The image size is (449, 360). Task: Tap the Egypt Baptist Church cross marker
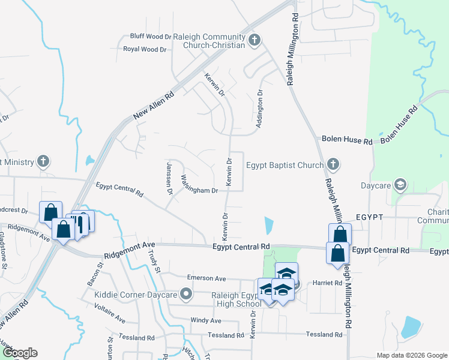[x=333, y=164]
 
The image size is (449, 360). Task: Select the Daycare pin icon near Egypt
[x=400, y=185]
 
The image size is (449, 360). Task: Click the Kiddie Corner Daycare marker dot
[x=186, y=294]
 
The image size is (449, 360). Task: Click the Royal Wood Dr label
[x=144, y=49]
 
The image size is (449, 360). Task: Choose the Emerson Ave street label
[x=206, y=278]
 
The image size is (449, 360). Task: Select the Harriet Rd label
[x=326, y=283]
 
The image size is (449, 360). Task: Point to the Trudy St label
[x=155, y=265]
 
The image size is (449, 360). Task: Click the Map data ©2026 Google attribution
[x=411, y=355]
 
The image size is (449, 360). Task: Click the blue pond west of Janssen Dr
[x=89, y=161]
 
